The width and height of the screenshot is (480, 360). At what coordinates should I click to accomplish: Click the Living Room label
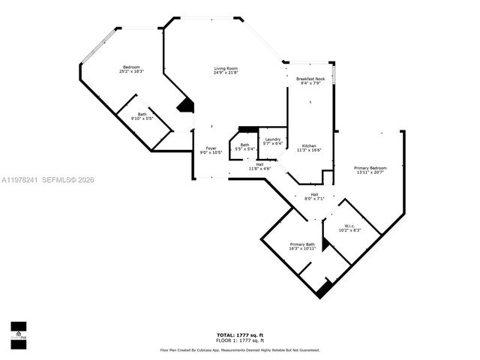[226, 68]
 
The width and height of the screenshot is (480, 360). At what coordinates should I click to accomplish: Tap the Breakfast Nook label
[310, 78]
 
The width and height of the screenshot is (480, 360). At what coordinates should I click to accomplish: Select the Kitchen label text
[310, 145]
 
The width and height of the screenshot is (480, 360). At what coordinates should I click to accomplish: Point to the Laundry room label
[273, 139]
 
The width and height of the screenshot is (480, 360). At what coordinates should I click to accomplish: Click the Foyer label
[211, 148]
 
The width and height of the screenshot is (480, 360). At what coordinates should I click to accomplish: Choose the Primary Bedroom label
[370, 168]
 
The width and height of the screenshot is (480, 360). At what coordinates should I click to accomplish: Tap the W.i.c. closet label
[349, 226]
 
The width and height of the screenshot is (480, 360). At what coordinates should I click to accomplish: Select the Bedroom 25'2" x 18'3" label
[131, 67]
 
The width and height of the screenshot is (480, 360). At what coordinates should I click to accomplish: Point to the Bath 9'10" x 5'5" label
[142, 114]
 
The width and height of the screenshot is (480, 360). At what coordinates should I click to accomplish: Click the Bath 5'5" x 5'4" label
[244, 145]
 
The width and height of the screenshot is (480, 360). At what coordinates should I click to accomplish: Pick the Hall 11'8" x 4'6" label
[259, 164]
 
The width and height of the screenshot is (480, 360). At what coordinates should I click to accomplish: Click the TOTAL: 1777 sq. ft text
[239, 335]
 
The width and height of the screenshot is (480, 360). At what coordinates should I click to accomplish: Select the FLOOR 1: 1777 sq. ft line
[239, 340]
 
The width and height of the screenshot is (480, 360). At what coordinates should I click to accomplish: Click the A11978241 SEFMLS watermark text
[47, 180]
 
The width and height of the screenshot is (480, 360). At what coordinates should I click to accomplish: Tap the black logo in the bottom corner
[18, 331]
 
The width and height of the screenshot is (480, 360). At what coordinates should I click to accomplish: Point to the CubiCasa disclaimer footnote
[239, 349]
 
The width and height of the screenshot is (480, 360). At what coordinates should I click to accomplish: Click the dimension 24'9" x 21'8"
[226, 73]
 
